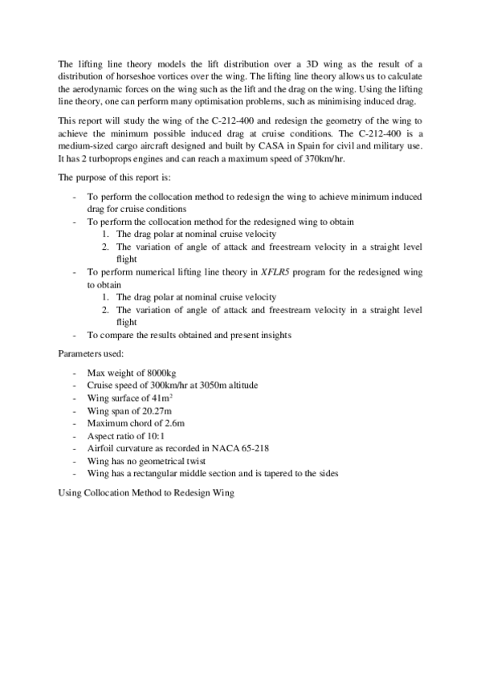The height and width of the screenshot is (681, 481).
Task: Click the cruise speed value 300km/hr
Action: point(162,385)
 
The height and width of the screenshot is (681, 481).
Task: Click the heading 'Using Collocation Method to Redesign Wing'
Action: point(146,491)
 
